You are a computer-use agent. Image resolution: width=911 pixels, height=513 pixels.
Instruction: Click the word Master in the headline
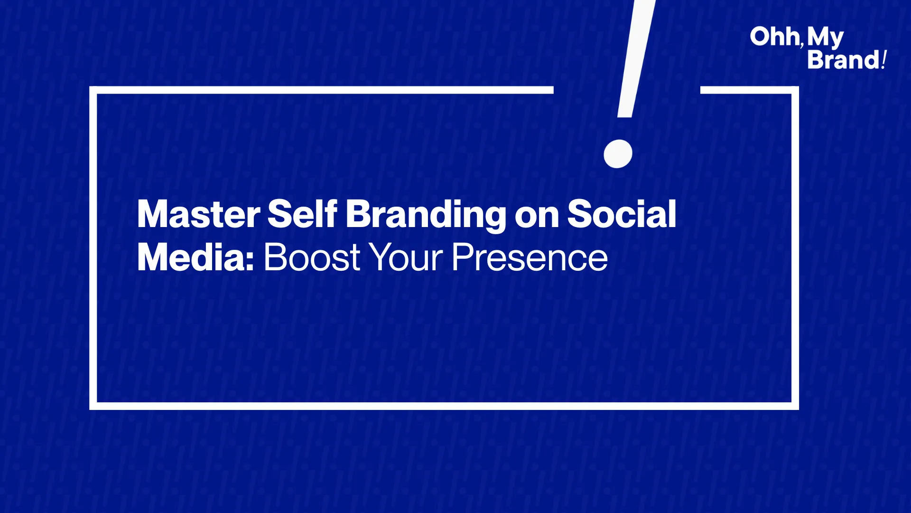click(x=198, y=214)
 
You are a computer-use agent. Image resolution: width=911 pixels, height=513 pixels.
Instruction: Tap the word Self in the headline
click(x=302, y=214)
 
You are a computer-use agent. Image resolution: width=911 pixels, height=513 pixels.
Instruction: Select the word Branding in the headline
click(x=426, y=216)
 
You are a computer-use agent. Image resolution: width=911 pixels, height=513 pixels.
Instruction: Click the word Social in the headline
click(x=622, y=214)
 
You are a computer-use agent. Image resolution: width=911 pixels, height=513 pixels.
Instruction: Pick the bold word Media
click(x=191, y=257)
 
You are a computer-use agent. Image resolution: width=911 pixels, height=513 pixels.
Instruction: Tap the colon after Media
click(x=250, y=261)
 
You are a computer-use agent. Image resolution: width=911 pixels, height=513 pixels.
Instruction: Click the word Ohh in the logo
click(x=775, y=37)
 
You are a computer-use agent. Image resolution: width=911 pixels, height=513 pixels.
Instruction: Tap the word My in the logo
click(x=825, y=38)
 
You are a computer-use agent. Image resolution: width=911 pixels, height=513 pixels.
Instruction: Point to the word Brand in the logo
click(x=844, y=60)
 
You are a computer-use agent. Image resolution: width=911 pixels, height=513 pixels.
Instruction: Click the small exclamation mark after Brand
click(x=884, y=60)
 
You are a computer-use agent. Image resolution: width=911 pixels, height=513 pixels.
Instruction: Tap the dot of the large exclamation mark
click(x=618, y=154)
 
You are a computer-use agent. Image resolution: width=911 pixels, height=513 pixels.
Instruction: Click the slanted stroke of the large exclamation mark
click(x=636, y=58)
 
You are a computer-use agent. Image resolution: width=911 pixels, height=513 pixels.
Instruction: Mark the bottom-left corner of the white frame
click(x=93, y=406)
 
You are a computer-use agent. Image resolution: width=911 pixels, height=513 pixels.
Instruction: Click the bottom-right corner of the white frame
click(x=795, y=406)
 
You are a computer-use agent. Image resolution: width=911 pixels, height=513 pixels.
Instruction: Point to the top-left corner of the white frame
click(x=93, y=90)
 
